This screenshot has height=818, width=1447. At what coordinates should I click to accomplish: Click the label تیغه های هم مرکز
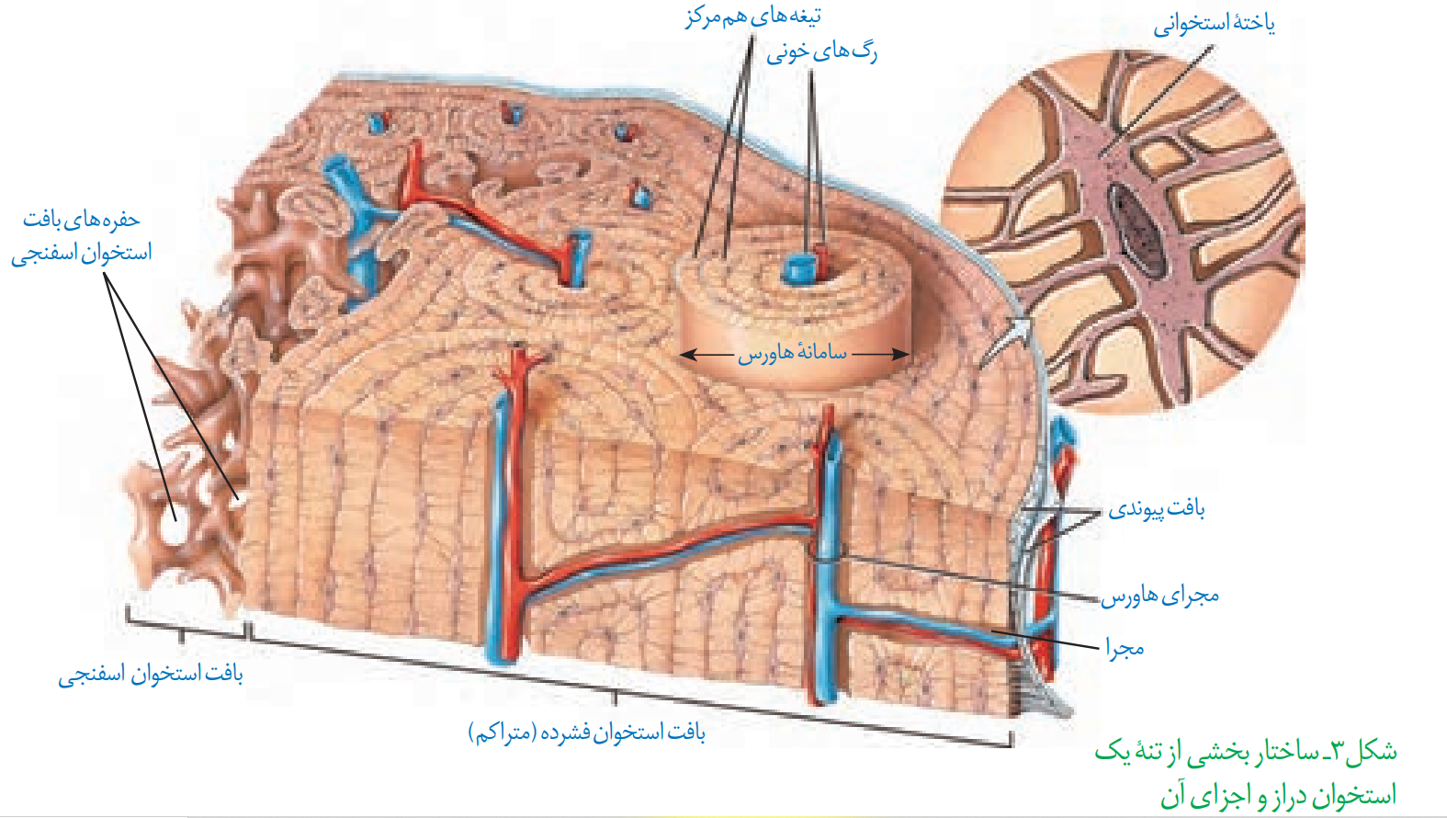(752, 17)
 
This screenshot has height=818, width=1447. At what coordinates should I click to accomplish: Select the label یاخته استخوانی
(1215, 25)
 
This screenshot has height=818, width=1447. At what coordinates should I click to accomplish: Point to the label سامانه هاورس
(793, 354)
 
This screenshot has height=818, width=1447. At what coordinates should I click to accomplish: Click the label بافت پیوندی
(1157, 510)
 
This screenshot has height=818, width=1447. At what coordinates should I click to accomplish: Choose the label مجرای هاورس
(1159, 596)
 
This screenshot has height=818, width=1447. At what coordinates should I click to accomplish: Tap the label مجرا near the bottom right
(1125, 647)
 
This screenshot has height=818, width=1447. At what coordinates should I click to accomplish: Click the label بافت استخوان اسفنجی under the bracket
(151, 676)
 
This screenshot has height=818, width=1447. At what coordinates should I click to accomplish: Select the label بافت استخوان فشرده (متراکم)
(586, 733)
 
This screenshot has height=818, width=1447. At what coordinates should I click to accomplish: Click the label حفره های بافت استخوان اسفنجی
(82, 236)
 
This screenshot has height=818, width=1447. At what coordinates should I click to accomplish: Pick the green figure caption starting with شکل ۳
(1246, 773)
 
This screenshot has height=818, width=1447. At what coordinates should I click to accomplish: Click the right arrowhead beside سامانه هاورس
(901, 354)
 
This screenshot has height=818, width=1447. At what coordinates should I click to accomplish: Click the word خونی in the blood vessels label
(788, 54)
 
